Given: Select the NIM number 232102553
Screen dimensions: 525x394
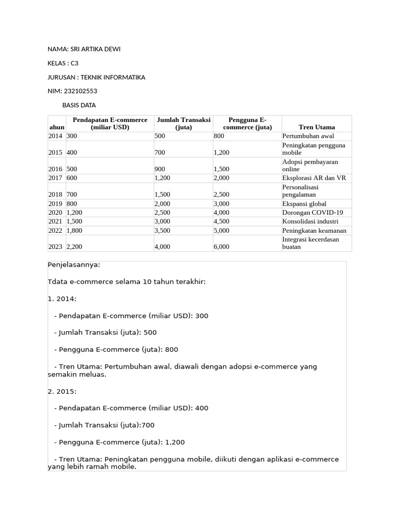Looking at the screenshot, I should (81, 91).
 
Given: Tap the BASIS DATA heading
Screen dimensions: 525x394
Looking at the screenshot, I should (79, 105).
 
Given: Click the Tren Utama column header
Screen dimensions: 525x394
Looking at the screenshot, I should (317, 127).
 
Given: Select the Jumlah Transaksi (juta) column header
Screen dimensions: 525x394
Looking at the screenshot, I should (183, 124).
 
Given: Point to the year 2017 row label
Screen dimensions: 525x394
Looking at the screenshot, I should (55, 178).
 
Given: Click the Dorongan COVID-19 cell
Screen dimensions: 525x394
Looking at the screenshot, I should (312, 212).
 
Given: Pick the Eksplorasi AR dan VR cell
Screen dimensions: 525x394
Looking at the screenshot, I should (314, 178).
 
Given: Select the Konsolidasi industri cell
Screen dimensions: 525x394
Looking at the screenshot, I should (310, 221).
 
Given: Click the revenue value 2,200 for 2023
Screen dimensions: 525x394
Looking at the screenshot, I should (74, 247).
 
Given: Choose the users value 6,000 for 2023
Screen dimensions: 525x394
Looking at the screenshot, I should (222, 247).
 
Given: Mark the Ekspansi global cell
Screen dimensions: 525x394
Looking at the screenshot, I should (304, 204).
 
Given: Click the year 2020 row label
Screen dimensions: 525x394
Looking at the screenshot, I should (55, 212).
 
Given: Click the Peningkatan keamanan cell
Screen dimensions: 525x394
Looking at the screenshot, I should (314, 231).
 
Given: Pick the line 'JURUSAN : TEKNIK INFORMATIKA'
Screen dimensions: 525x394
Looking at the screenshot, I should (96, 77).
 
